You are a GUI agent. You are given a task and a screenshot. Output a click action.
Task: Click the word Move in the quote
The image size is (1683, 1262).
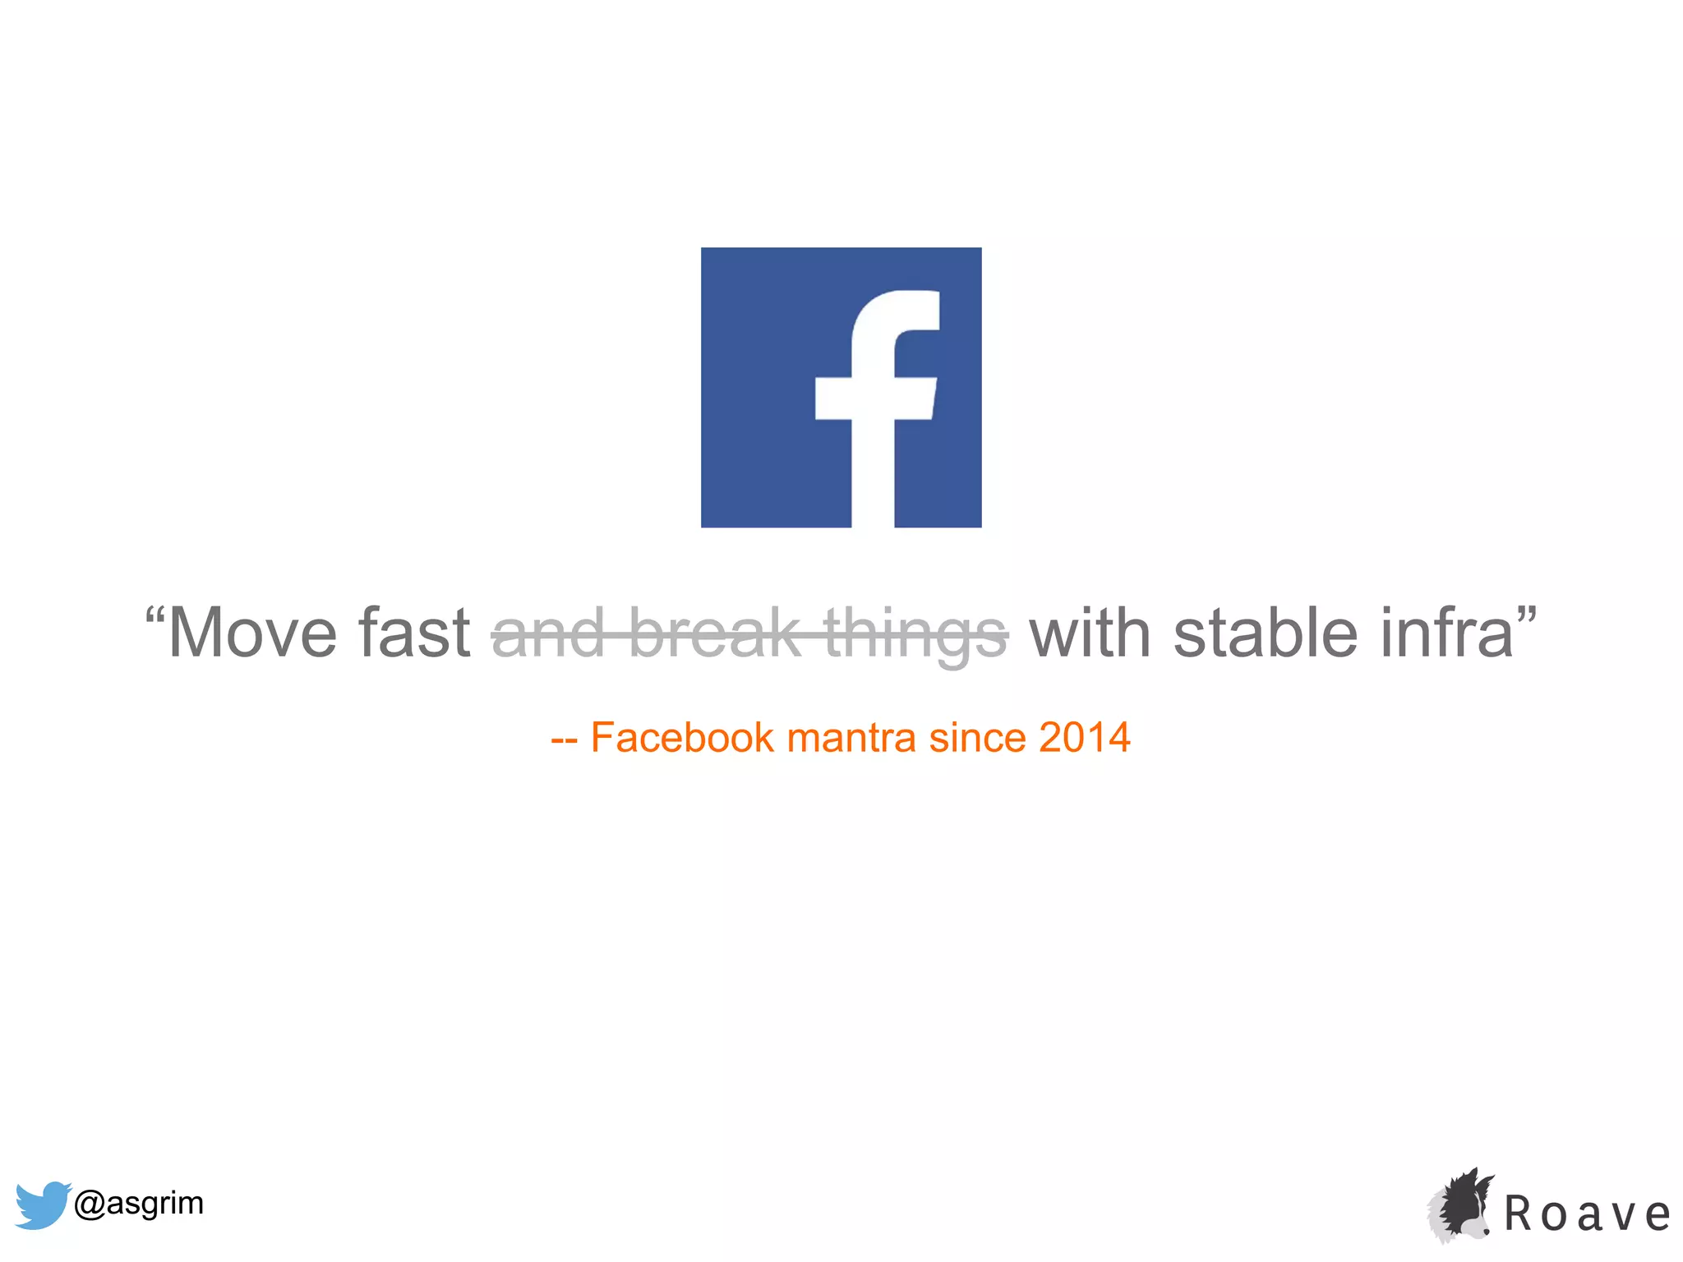click(252, 633)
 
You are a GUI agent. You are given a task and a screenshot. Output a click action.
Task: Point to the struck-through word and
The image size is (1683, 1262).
click(548, 633)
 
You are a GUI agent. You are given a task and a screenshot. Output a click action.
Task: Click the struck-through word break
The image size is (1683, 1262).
click(715, 633)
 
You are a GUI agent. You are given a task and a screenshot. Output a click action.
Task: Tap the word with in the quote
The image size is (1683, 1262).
click(1090, 633)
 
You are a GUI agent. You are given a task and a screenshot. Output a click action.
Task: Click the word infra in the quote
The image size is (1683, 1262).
click(1446, 633)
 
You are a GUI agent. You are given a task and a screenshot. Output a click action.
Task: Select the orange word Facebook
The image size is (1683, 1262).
click(682, 737)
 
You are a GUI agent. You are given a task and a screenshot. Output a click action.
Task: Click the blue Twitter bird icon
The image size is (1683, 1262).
click(41, 1204)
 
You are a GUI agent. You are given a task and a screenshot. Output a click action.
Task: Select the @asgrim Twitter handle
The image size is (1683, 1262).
click(139, 1204)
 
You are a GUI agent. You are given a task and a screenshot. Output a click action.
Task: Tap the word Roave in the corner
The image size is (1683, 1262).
click(1587, 1214)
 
